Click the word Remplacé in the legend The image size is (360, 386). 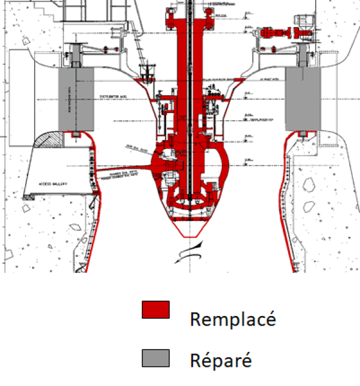233,318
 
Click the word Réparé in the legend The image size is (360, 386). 221,360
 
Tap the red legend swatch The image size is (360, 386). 155,309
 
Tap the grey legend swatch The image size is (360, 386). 155,358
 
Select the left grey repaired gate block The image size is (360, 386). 76,98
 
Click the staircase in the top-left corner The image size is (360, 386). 45,9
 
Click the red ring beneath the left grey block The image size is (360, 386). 76,134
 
